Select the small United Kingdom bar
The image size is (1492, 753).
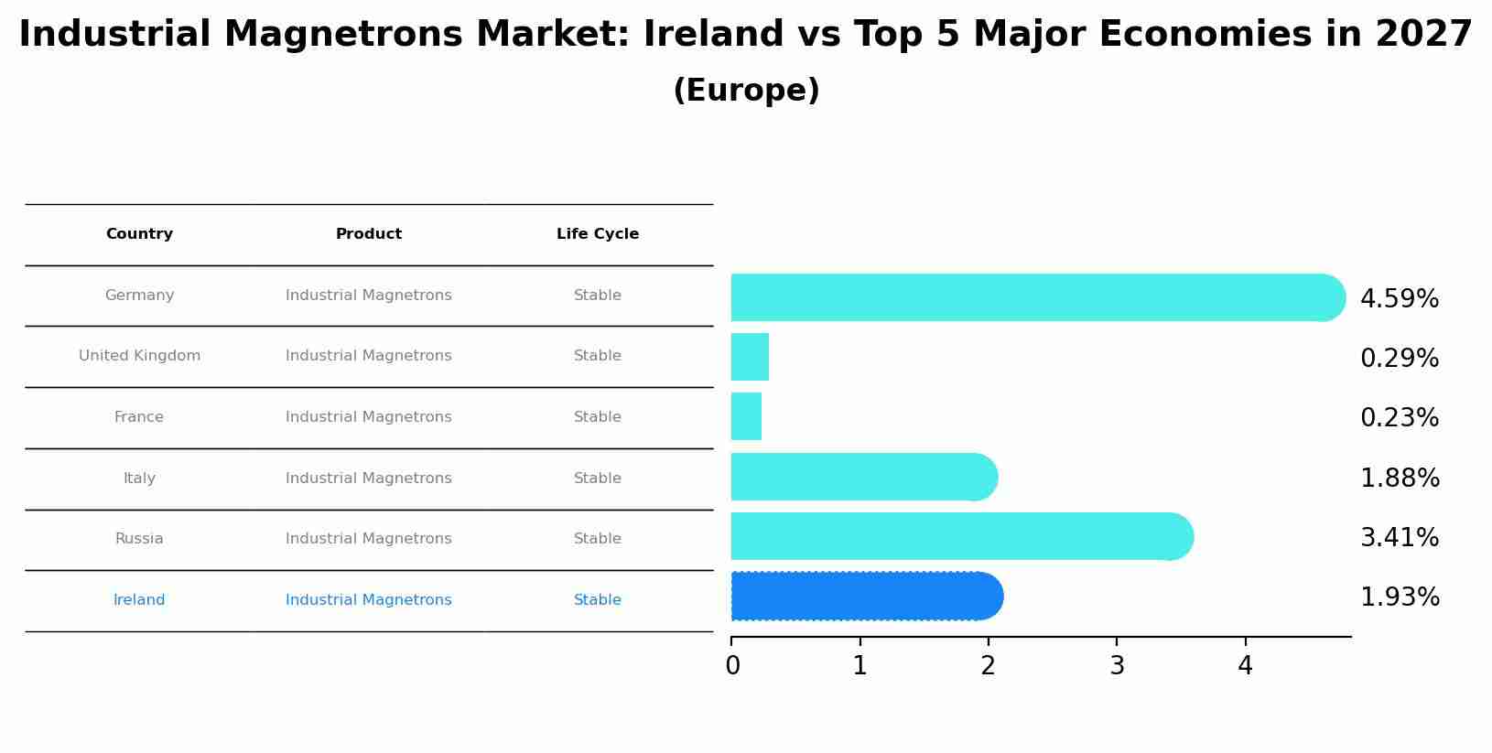pos(750,357)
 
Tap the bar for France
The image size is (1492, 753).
pos(746,416)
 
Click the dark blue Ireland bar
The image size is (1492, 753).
pos(866,597)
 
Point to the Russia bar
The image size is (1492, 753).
pos(961,536)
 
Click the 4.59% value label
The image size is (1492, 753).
pos(1400,299)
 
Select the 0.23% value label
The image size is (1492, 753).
pos(1400,418)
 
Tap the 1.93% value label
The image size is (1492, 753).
pos(1400,597)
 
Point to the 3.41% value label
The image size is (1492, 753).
pos(1400,538)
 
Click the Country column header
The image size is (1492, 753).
pos(139,234)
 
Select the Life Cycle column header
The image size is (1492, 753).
pos(598,234)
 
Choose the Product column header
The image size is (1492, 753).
pos(369,234)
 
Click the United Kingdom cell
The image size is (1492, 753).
pos(139,356)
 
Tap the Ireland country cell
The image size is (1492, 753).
pos(139,600)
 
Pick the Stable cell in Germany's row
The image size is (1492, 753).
pos(598,296)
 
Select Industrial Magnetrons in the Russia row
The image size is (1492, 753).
pos(369,539)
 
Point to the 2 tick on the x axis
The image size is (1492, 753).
pos(988,666)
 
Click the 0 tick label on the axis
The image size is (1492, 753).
pos(732,666)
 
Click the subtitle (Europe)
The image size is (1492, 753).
pos(746,91)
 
